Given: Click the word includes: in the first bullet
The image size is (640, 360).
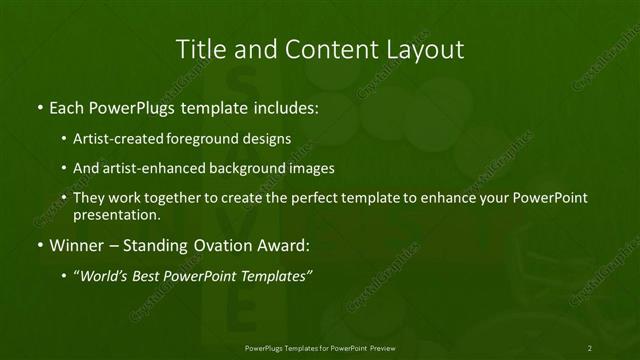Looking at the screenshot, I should [284, 106].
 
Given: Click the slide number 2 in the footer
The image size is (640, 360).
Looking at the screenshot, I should [590, 347].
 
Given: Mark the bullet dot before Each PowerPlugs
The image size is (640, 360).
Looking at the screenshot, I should [38, 107].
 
